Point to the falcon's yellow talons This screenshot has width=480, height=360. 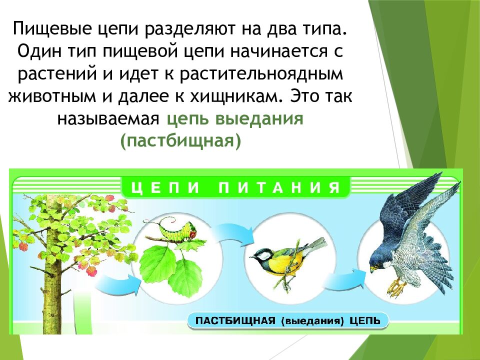click(397, 287)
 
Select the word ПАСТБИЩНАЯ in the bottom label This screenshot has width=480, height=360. click(234, 320)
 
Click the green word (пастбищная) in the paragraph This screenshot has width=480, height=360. click(180, 140)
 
